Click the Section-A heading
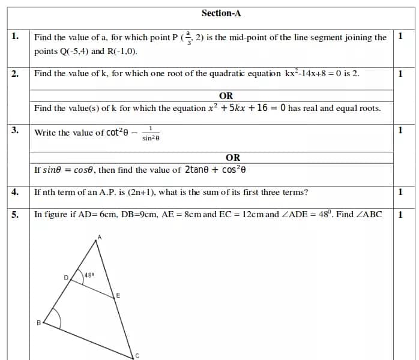222,13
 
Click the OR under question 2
226,95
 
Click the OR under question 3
233,157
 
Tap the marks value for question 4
400,192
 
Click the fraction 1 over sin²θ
151,134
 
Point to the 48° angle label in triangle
89,275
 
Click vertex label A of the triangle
100,238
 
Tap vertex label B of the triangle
39,323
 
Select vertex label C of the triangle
137,355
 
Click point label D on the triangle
66,277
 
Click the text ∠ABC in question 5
368,214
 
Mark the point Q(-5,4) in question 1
74,51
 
